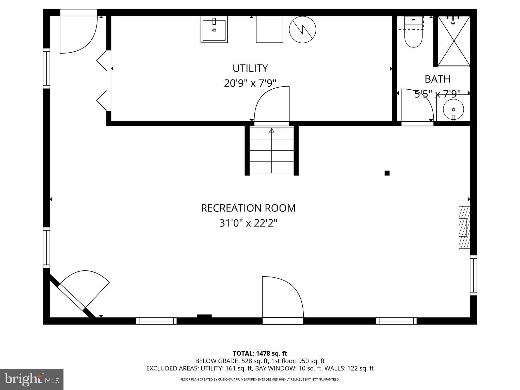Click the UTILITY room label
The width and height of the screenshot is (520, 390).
tap(250, 68)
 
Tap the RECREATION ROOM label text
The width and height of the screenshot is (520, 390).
tap(248, 208)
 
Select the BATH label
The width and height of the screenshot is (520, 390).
tap(437, 79)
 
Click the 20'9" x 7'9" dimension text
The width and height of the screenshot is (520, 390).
tap(250, 83)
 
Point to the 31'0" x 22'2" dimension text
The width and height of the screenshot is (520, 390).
tap(248, 223)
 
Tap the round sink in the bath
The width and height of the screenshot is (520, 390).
tap(453, 109)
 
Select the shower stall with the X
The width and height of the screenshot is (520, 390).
tap(454, 41)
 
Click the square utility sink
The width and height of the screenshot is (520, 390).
tap(214, 30)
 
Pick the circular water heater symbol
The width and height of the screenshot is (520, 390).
tap(302, 29)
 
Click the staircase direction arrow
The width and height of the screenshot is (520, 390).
tap(272, 131)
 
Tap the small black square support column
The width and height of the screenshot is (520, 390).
tap(387, 173)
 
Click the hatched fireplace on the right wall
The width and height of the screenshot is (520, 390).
tap(464, 227)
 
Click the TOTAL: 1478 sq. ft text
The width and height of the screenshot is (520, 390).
tap(260, 353)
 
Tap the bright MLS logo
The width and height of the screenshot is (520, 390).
tap(32, 380)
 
